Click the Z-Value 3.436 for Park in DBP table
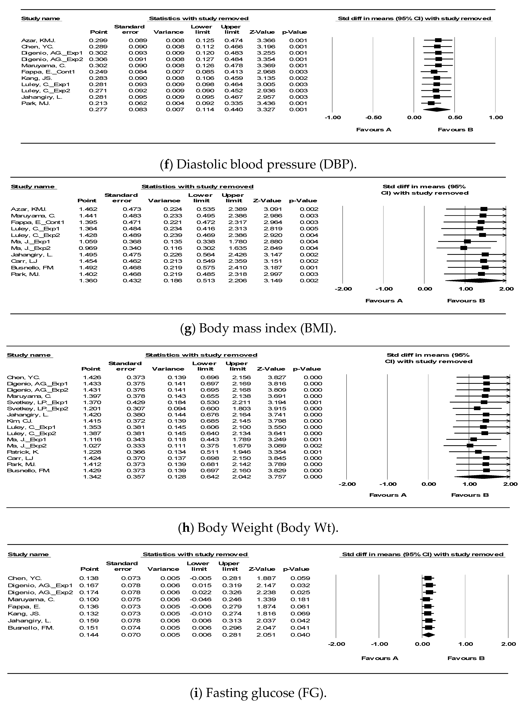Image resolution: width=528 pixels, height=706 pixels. coord(266,103)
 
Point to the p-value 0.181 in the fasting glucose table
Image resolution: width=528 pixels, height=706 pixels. coord(300,599)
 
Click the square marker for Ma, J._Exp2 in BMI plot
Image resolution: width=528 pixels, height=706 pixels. coord(464,248)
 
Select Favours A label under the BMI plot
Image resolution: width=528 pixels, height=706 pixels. coord(384,301)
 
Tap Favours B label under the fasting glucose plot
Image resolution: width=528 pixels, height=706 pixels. coord(466,658)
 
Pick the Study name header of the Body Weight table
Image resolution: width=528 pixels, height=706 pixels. coord(29,355)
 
